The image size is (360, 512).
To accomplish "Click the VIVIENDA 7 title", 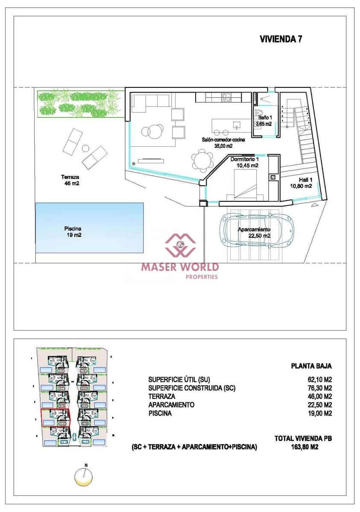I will click(x=281, y=39).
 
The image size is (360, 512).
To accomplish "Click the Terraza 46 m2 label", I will click(x=70, y=180).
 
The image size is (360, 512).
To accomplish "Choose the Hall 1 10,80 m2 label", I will click(x=301, y=183).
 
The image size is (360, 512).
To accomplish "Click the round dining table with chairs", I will click(x=202, y=161).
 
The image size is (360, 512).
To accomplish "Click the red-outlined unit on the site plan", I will click(x=55, y=417).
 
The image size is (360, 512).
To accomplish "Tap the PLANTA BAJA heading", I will click(x=311, y=366).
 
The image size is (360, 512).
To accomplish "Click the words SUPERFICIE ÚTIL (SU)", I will click(x=179, y=379).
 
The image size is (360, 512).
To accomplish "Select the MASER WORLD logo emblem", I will click(x=181, y=244).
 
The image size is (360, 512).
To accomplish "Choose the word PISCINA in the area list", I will click(x=160, y=413).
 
